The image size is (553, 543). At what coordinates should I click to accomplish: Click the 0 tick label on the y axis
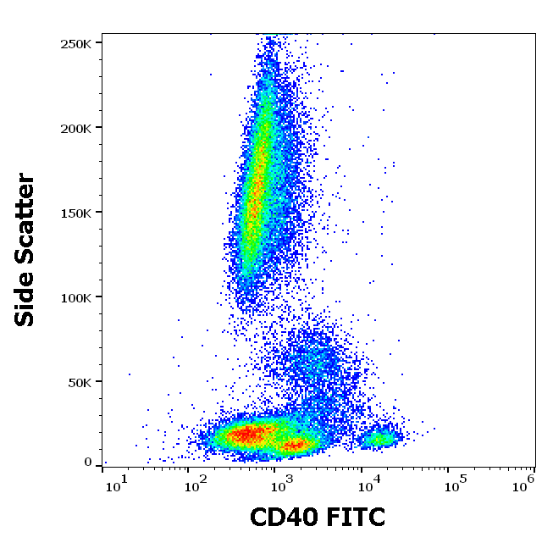point(88,463)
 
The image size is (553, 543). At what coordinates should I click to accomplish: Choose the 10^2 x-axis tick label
point(196,484)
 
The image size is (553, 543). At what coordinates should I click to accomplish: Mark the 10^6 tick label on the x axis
point(523,484)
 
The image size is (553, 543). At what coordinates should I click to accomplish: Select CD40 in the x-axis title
point(285,516)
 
